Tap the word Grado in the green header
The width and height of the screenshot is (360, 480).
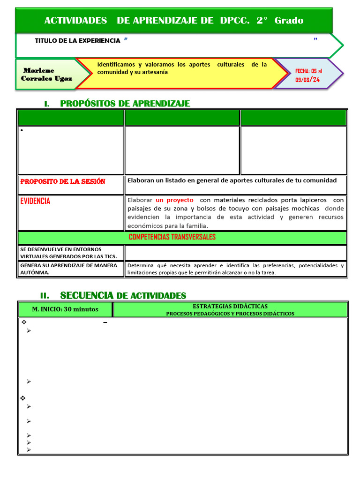(x=289, y=20)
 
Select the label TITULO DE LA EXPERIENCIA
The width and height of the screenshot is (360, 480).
(x=77, y=41)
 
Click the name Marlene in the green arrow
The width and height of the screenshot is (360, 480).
(x=39, y=70)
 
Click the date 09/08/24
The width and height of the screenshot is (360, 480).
(x=307, y=80)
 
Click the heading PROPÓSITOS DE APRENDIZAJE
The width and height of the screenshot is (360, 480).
(x=125, y=104)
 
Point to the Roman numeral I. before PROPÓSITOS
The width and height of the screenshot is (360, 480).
(x=47, y=104)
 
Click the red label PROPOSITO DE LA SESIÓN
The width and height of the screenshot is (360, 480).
(x=63, y=181)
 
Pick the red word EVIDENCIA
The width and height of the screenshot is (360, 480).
(x=35, y=201)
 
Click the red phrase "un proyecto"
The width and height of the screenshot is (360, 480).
(x=174, y=200)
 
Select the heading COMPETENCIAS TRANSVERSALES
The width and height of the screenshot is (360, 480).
(x=172, y=237)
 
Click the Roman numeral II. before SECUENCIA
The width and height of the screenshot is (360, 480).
(x=45, y=296)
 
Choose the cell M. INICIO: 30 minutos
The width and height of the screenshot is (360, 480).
(x=65, y=309)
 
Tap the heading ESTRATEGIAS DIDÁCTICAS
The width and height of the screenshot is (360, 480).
(x=230, y=306)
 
